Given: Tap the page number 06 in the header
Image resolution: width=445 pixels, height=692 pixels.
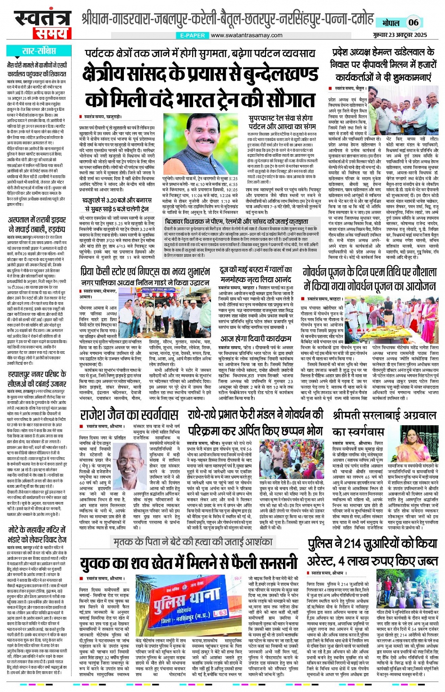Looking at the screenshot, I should pos(413,22).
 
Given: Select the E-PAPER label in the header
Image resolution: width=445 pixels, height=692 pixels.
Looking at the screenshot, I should pos(193,35).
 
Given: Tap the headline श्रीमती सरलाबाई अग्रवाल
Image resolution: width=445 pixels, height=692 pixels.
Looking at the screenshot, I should pos(384,415).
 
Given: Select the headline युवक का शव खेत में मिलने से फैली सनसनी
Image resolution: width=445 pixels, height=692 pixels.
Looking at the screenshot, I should pos(188,563).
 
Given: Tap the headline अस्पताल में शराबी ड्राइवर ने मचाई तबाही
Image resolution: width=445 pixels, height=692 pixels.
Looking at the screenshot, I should pos(37,225).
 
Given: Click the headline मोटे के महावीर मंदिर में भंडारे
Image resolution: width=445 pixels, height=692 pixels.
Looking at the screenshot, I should pos(37,534).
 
